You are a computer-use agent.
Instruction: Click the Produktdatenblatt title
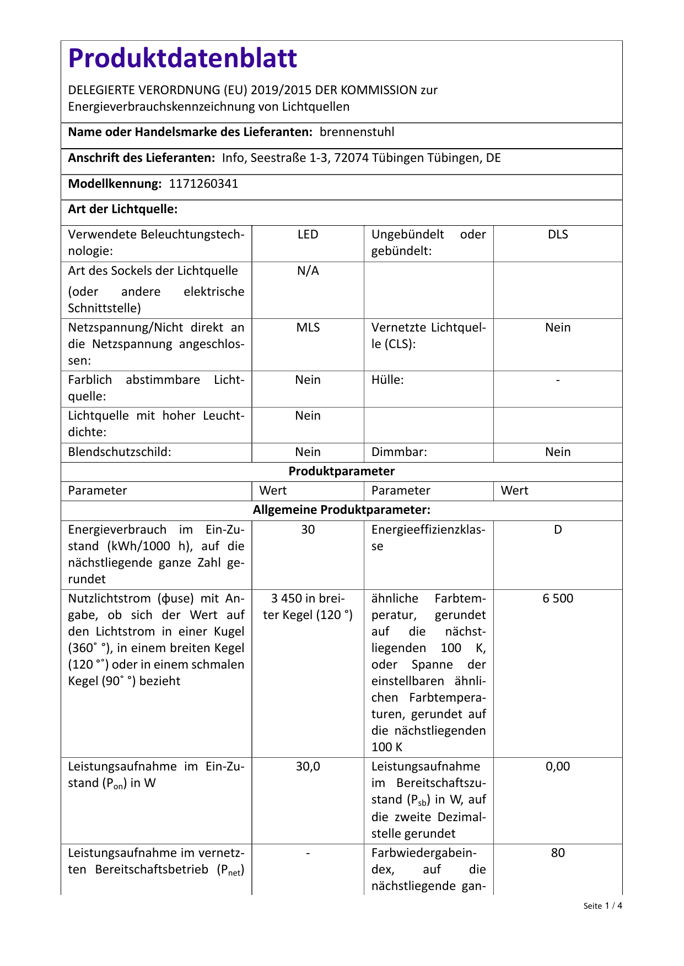(x=182, y=58)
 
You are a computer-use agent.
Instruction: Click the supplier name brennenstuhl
(x=357, y=132)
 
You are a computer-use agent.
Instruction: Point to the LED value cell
(x=308, y=235)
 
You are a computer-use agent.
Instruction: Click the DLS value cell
(x=558, y=235)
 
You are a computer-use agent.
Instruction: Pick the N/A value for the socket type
(x=308, y=271)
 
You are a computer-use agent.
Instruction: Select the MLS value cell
(x=308, y=328)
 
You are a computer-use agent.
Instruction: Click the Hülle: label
(x=387, y=380)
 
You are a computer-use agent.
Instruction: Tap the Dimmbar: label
(x=399, y=452)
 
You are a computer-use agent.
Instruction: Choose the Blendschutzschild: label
(x=120, y=452)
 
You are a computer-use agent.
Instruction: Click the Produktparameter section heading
(x=342, y=471)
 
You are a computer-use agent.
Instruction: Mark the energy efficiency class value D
(x=558, y=530)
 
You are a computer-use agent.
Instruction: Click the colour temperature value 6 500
(x=558, y=599)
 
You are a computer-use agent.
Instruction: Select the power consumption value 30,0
(x=308, y=767)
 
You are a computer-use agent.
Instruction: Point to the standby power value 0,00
(x=558, y=767)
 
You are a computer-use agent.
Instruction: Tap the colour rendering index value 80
(x=558, y=853)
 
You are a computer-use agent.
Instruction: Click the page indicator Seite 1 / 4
(x=602, y=906)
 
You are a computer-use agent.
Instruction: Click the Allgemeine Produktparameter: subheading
(x=342, y=510)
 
